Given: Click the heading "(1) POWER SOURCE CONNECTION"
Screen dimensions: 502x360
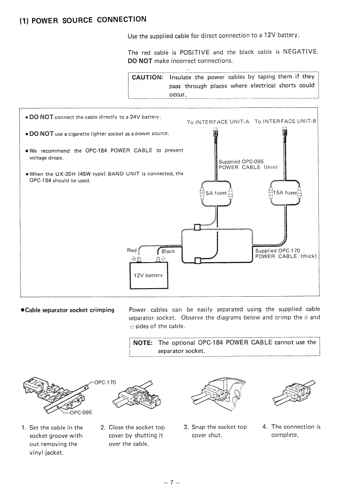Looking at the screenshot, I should (x=83, y=20).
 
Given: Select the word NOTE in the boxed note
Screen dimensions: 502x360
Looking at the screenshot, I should (x=143, y=343).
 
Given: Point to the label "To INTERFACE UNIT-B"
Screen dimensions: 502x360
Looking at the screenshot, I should (x=285, y=121).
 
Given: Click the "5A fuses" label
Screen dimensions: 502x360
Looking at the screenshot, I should (x=216, y=193).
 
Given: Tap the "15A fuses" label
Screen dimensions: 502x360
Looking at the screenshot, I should (x=285, y=193).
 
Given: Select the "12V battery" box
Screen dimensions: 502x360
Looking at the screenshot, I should (x=148, y=276).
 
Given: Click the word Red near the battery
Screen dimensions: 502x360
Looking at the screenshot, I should (x=132, y=251).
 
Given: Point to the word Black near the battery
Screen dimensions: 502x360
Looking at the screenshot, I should (x=168, y=251).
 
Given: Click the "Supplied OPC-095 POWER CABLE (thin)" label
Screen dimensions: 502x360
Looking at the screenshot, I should (x=248, y=164).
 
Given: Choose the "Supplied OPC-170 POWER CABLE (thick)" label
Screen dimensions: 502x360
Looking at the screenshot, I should (x=285, y=253).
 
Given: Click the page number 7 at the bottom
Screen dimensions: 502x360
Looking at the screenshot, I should (x=171, y=483).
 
